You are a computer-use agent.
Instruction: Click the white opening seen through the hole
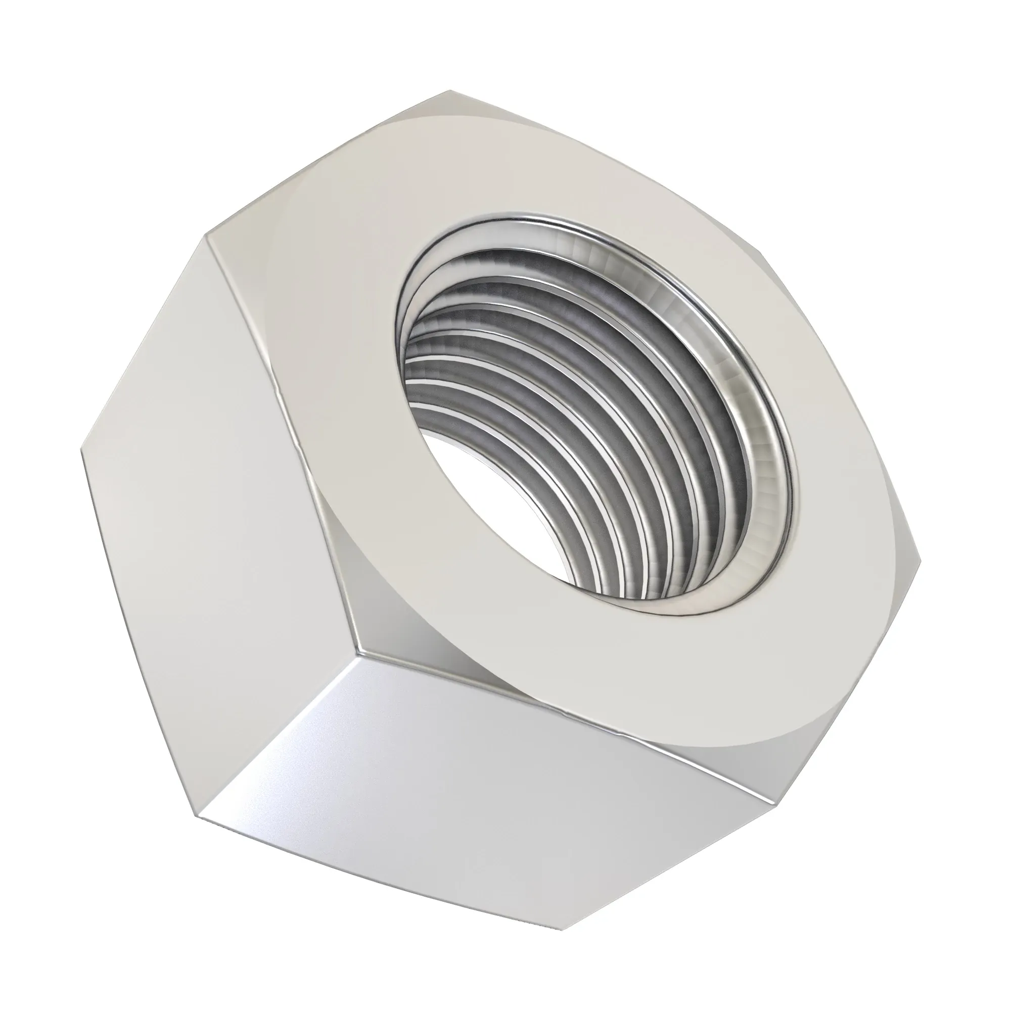click(471, 487)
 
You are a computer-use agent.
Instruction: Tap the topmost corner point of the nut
click(450, 91)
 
